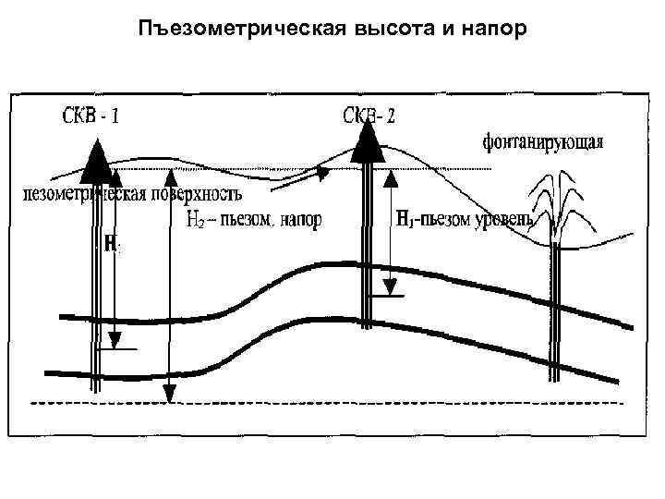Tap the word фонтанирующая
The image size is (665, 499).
pyautogui.click(x=544, y=143)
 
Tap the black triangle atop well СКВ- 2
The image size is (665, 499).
pyautogui.click(x=368, y=140)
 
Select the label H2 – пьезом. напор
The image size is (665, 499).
pyautogui.click(x=254, y=220)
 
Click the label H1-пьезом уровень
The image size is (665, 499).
pyautogui.click(x=464, y=219)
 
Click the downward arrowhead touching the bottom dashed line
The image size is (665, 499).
pyautogui.click(x=168, y=395)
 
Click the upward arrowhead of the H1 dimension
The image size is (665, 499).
pyautogui.click(x=391, y=174)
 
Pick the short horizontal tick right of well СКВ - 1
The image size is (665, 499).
pyautogui.click(x=121, y=349)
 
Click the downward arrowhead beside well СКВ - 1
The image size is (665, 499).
pyautogui.click(x=112, y=338)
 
